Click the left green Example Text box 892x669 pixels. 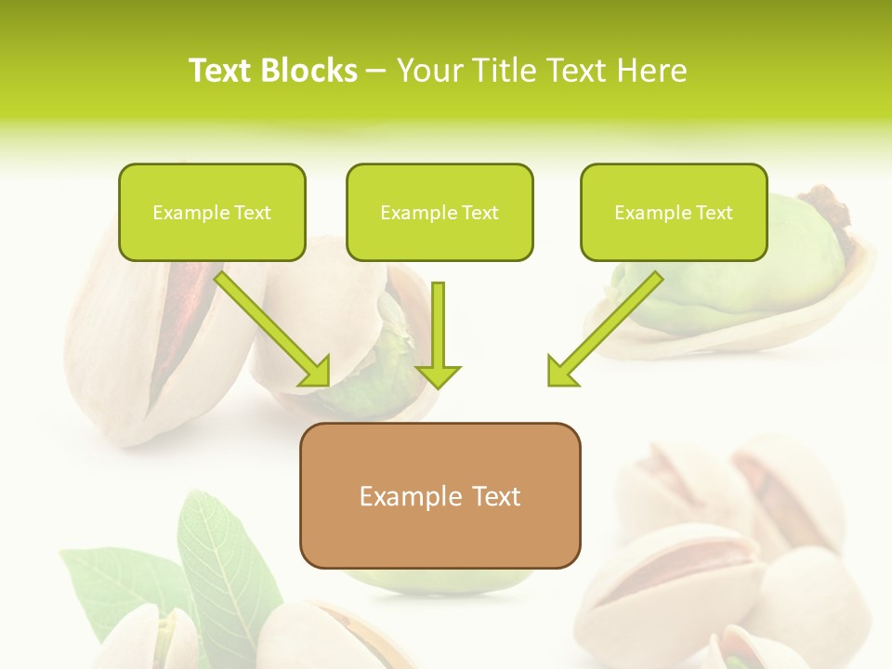[212, 212]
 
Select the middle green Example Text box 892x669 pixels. [439, 212]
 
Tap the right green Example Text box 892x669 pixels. [674, 212]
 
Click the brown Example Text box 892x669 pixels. [440, 495]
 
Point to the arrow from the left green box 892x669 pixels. [269, 326]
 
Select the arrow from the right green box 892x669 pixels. [609, 326]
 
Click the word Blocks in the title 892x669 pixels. [308, 71]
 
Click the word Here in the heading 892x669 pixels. [653, 71]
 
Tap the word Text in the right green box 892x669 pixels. [714, 213]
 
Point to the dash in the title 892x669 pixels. [377, 71]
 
